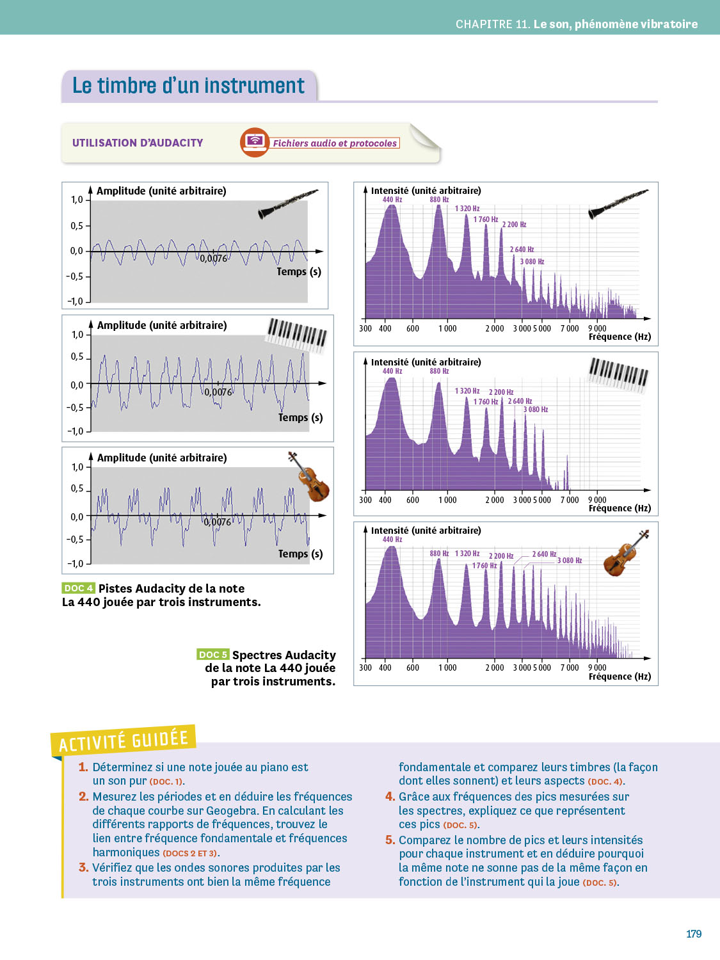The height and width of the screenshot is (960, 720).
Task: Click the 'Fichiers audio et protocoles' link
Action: [335, 143]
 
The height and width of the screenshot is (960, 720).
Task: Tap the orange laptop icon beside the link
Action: [255, 142]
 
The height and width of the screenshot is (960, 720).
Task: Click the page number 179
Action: [694, 934]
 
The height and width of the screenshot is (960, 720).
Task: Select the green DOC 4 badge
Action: [79, 588]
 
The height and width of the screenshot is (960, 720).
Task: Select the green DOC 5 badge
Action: [212, 654]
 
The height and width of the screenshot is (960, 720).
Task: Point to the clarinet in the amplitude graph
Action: [287, 204]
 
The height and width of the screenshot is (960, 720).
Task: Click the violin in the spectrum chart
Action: [625, 553]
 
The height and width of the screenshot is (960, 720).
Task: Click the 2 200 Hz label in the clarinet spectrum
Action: [514, 225]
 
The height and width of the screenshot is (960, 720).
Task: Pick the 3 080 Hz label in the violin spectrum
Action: [569, 561]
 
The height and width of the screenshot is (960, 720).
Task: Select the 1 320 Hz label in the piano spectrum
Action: [467, 391]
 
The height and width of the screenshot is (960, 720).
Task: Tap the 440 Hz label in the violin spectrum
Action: [392, 540]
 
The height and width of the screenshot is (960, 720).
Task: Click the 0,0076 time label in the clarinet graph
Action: [213, 259]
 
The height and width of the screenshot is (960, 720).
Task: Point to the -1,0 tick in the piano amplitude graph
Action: [76, 431]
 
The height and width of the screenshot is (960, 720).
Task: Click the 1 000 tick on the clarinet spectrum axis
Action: [447, 328]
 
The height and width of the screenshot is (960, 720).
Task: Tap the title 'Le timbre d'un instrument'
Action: [188, 86]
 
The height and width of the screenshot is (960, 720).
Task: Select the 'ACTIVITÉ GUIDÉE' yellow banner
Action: [124, 740]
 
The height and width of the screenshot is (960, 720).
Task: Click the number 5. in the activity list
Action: [390, 840]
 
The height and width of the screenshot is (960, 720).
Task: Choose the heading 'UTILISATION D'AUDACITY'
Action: [138, 143]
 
